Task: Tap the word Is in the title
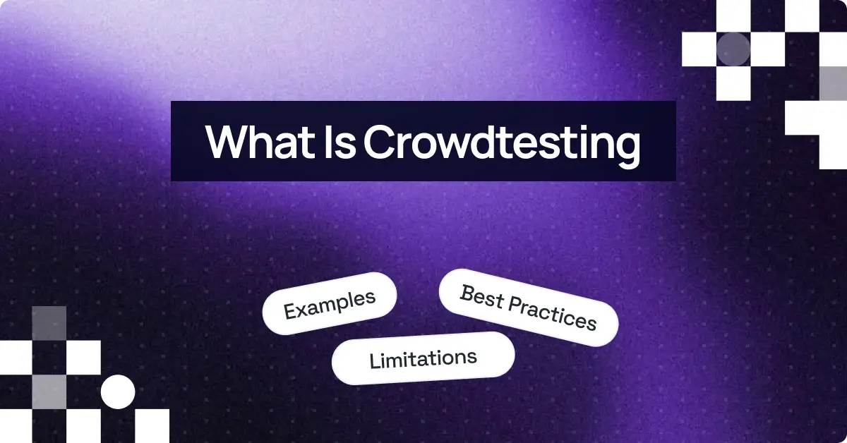coord(334,142)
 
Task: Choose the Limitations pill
coord(423,358)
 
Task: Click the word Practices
coord(553,314)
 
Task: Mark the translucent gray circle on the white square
coord(733,49)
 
